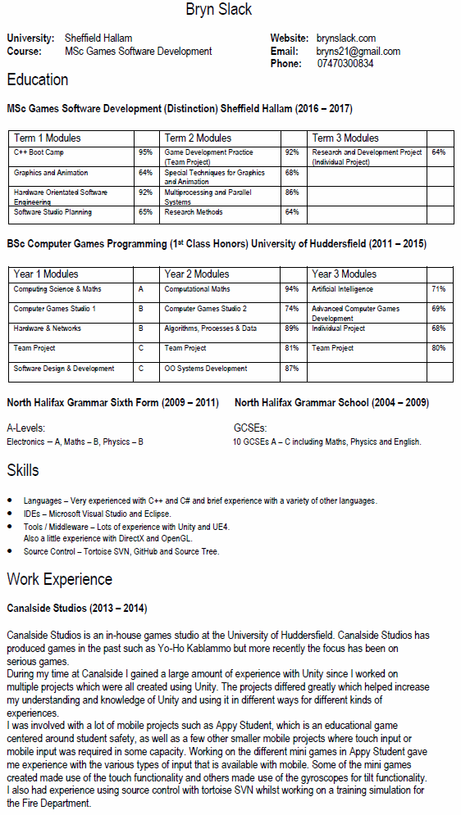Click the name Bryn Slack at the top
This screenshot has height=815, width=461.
point(219,11)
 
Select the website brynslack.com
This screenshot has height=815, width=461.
point(346,38)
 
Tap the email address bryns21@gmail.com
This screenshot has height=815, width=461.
point(358,51)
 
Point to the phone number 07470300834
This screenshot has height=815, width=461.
point(345,63)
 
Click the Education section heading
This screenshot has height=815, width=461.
point(38,80)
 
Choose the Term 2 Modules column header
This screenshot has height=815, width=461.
point(198,138)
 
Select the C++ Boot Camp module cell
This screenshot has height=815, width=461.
point(39,152)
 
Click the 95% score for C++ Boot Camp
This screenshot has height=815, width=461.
point(145,152)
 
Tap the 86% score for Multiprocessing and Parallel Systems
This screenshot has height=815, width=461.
point(291,192)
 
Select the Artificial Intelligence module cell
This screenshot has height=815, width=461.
point(342,289)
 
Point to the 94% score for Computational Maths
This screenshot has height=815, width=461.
point(291,289)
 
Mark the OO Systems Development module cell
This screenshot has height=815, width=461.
point(206,369)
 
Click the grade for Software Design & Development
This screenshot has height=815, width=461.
point(141,369)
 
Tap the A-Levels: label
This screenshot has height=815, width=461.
point(25,428)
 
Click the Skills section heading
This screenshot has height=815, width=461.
point(23,471)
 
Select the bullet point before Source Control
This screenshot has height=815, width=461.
point(9,552)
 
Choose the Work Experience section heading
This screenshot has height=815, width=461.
point(60,580)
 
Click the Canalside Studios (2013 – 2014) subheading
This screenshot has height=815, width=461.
point(76,609)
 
